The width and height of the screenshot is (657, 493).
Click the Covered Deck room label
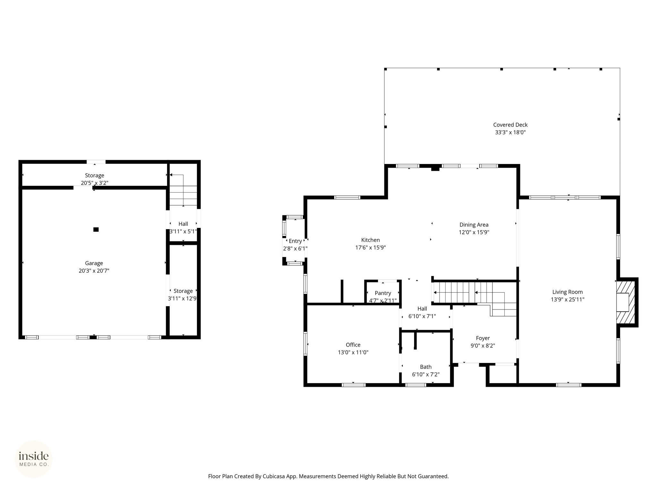coord(510,125)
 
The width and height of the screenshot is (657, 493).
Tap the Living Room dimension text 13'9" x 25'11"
coord(567,299)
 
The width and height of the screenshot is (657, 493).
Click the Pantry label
coord(383,293)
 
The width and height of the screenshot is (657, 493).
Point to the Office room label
coord(353,345)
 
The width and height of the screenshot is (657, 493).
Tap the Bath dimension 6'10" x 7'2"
coord(426,374)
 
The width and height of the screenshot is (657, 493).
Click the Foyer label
coord(483,338)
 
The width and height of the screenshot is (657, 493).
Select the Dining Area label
coord(474,225)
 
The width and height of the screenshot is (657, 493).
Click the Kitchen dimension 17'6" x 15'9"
coord(371,247)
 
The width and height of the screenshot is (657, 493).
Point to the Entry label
coord(295,241)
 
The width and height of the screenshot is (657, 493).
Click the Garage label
coord(94,263)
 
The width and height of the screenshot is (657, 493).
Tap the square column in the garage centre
coord(96,229)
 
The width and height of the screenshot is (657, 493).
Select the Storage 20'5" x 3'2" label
coord(94,179)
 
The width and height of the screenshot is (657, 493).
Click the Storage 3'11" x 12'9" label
coord(183,295)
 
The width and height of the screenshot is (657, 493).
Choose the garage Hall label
coord(183,224)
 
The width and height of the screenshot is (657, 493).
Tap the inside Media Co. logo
coord(34,459)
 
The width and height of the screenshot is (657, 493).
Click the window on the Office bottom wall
coord(353,385)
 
